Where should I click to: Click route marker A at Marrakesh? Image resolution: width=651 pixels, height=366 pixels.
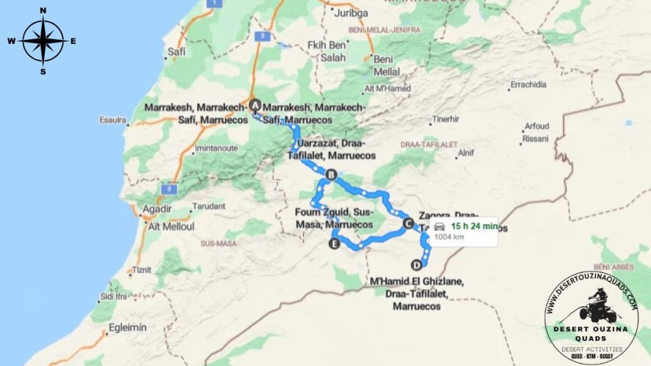(x=255, y=105)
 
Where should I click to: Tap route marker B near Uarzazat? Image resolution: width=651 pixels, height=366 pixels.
(x=331, y=174)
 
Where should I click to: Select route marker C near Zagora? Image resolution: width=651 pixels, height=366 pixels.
(x=408, y=222)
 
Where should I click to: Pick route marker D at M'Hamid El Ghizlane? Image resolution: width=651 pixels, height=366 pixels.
(x=416, y=265)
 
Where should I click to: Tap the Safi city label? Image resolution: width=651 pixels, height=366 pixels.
(x=176, y=52)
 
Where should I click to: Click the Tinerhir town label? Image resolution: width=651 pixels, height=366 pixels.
(x=446, y=119)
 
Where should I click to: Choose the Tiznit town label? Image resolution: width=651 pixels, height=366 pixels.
(x=142, y=270)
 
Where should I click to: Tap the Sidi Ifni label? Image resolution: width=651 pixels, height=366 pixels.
(x=114, y=297)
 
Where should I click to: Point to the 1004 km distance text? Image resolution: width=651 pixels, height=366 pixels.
(x=449, y=237)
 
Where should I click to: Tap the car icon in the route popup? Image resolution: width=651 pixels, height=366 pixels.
(x=439, y=227)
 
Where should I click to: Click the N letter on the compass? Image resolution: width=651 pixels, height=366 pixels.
(x=43, y=10)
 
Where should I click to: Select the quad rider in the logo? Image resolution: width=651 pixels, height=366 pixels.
(x=597, y=306)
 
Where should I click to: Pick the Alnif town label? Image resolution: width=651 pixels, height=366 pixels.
(x=465, y=152)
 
